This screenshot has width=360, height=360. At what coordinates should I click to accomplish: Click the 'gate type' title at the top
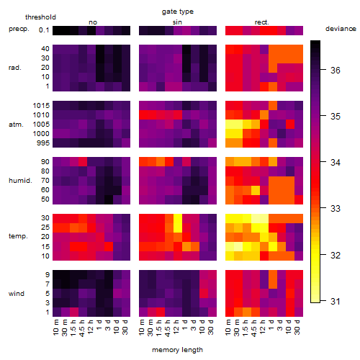[x=178, y=12]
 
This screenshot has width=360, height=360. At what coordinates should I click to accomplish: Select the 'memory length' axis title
[x=177, y=350]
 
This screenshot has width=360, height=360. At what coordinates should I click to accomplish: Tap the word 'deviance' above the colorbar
[x=341, y=29]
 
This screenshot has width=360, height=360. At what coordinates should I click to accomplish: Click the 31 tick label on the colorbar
[x=336, y=301]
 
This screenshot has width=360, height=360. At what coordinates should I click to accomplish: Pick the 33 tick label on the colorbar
[x=336, y=208]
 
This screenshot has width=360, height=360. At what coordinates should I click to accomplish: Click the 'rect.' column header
[x=262, y=22]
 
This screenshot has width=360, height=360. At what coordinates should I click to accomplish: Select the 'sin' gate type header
[x=177, y=22]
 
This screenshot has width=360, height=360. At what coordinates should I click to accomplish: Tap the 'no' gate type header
[x=93, y=22]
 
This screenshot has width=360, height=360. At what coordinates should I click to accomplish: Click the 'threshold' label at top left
[x=40, y=17]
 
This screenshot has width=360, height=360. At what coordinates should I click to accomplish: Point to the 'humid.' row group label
[x=20, y=181]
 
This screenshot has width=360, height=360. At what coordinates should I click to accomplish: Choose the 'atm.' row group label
[x=16, y=125]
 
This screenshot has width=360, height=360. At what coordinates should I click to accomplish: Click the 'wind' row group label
[x=17, y=294]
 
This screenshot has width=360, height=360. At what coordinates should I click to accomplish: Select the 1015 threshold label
[x=41, y=106]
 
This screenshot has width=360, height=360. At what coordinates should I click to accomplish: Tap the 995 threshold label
[x=43, y=143]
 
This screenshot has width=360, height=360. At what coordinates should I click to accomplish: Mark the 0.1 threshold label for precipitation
[x=44, y=30]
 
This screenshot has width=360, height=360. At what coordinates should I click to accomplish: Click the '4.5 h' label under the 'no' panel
[x=81, y=328]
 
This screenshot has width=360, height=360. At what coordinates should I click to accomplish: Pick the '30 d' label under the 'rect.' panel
[x=297, y=327]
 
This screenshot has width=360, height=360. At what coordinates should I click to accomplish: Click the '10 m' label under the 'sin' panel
[x=142, y=328]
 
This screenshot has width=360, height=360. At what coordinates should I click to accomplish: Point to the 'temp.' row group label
[x=18, y=236]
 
